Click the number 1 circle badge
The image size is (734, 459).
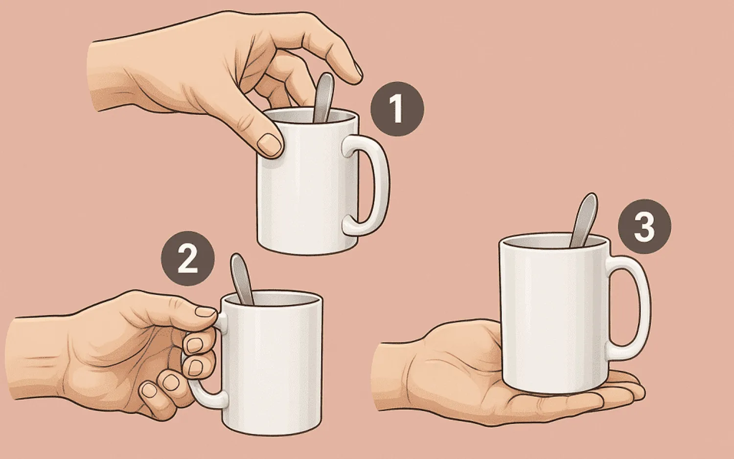click(x=397, y=109)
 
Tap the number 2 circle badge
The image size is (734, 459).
click(x=188, y=258)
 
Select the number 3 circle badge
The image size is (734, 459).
click(x=644, y=227)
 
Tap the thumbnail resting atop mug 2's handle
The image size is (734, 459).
click(x=206, y=312)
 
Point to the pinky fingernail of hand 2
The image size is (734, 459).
click(x=149, y=390)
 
